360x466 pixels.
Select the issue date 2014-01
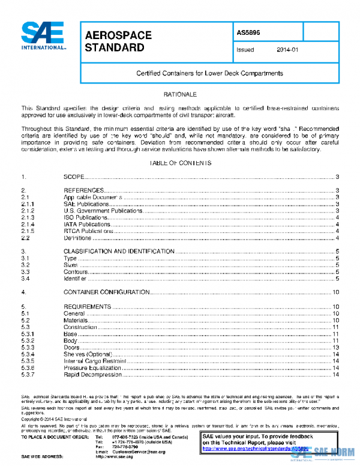pyautogui.click(x=287, y=50)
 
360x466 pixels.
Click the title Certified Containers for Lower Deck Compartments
pyautogui.click(x=209, y=73)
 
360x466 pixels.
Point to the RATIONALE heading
pyautogui.click(x=179, y=95)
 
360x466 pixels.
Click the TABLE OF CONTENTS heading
pyautogui.click(x=179, y=163)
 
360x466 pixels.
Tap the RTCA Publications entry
pyautogui.click(x=89, y=231)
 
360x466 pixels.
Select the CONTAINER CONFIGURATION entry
pyautogui.click(x=106, y=292)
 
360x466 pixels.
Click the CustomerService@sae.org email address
pyautogui.click(x=139, y=451)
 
